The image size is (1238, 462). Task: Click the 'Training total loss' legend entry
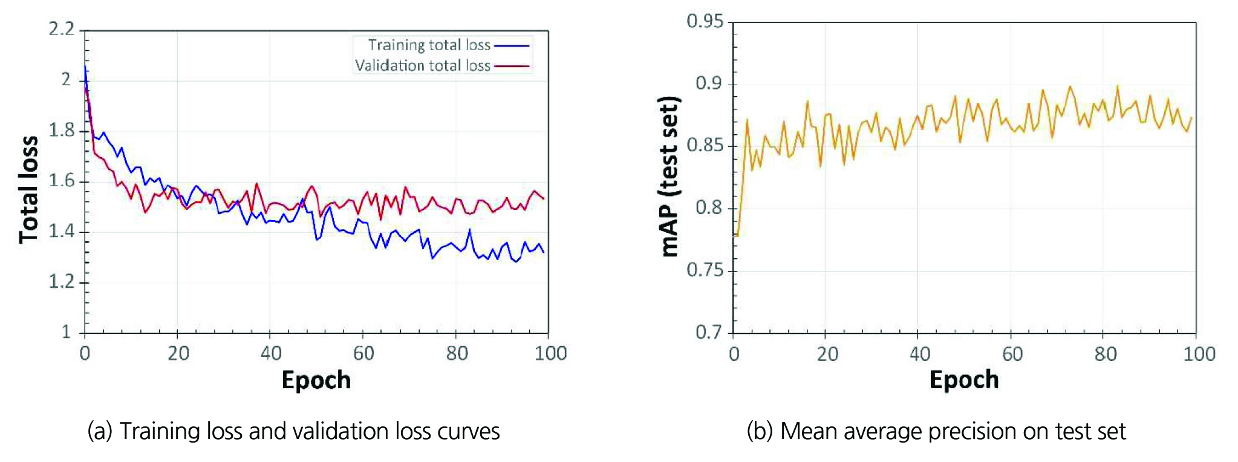click(x=429, y=45)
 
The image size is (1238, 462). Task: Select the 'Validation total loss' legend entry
click(x=422, y=66)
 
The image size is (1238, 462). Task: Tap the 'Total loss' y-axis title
click(x=28, y=189)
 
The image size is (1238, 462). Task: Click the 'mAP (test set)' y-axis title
click(x=669, y=177)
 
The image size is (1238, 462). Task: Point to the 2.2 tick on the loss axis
click(x=61, y=29)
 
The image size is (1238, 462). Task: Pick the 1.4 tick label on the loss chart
click(x=61, y=231)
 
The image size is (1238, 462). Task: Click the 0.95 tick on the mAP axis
click(x=705, y=22)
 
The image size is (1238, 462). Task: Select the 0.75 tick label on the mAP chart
click(x=705, y=270)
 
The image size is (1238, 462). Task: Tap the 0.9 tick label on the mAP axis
click(x=709, y=83)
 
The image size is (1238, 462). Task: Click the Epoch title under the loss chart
click(x=316, y=380)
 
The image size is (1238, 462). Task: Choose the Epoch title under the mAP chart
click(x=964, y=380)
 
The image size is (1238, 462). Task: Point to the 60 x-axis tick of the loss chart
click(x=363, y=354)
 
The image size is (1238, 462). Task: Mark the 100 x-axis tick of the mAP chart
click(x=1199, y=354)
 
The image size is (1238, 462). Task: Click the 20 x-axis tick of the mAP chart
click(x=827, y=354)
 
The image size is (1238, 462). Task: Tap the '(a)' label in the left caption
click(x=100, y=432)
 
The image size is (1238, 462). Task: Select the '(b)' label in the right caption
click(x=759, y=432)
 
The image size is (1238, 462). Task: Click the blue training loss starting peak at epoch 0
click(x=85, y=66)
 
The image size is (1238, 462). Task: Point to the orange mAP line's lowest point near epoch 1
click(x=737, y=235)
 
